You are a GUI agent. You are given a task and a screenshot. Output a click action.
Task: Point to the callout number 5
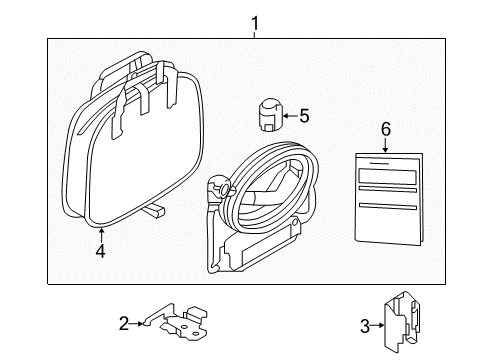click(x=304, y=116)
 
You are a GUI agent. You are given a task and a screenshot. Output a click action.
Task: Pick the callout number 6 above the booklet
click(x=384, y=129)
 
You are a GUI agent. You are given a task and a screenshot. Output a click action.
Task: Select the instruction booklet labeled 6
click(x=384, y=196)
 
